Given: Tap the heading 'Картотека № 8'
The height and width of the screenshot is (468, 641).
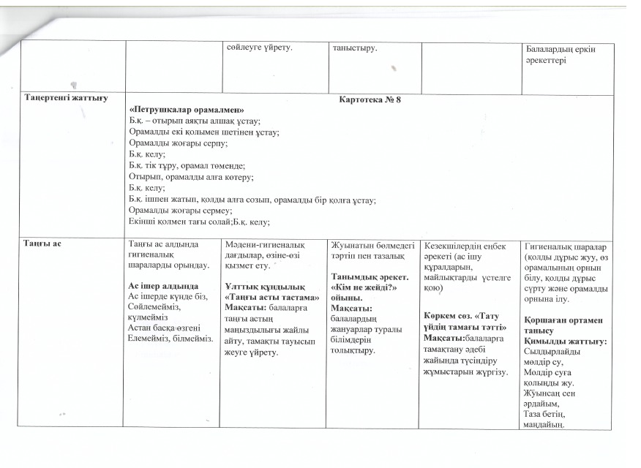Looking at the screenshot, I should (371, 100).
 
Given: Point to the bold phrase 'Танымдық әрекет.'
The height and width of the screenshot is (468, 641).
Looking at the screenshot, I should (367, 278).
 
